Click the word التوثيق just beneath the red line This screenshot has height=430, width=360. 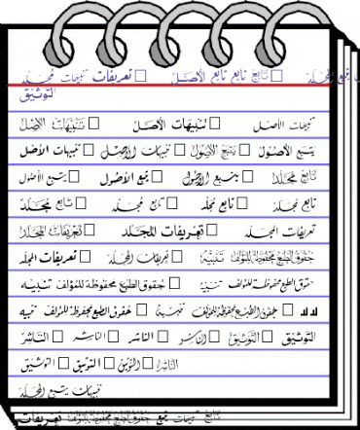pyautogui.click(x=36, y=95)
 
